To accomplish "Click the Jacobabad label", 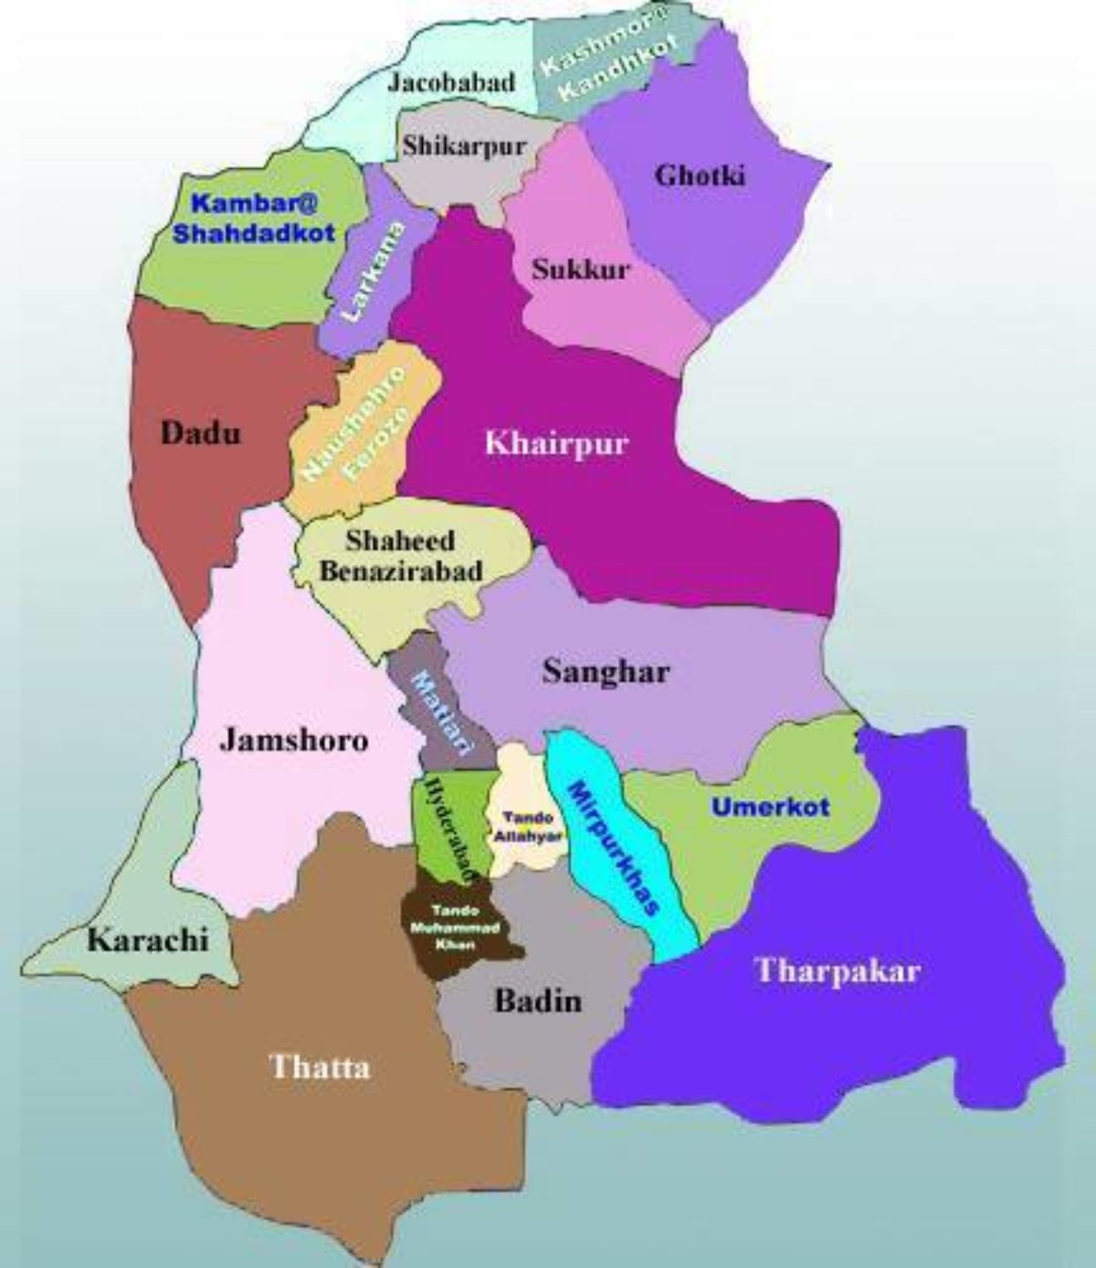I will pyautogui.click(x=451, y=81).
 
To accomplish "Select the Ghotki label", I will pyautogui.click(x=701, y=175).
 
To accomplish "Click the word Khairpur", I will pyautogui.click(x=557, y=444).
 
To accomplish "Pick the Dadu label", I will pyautogui.click(x=201, y=432).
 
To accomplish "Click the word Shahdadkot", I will pyautogui.click(x=254, y=232).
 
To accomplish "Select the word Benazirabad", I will pyautogui.click(x=413, y=571).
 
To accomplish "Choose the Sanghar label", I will pyautogui.click(x=606, y=672).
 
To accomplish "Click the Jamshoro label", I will pyautogui.click(x=294, y=739).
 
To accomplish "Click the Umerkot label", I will pyautogui.click(x=771, y=807).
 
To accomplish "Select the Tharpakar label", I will pyautogui.click(x=838, y=970).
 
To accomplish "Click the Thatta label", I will pyautogui.click(x=320, y=1066).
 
